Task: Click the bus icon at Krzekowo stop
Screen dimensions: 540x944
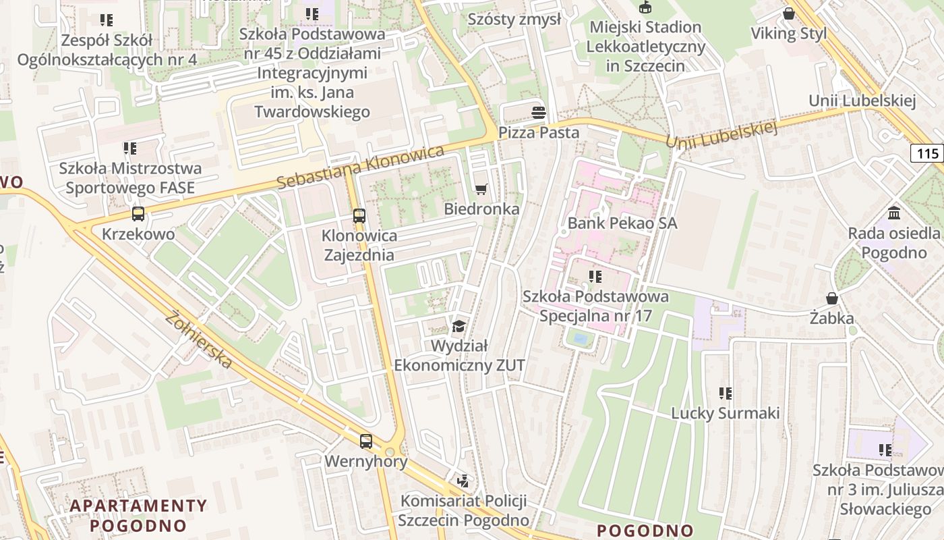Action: pos(138,214)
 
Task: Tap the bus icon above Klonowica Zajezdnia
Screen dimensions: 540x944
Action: pos(359,216)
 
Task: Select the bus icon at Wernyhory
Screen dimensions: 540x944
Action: pos(365,441)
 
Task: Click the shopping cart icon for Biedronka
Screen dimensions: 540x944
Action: pos(481,189)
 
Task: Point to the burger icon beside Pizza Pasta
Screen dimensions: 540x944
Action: pos(538,112)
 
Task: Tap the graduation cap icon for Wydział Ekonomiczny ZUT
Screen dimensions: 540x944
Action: pos(459,327)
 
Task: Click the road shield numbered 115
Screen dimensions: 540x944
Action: pos(927,153)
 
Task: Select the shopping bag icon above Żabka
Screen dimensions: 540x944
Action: pos(832,298)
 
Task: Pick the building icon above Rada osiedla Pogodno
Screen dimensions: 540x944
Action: pos(894,213)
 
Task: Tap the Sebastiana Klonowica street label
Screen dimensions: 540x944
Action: pos(361,167)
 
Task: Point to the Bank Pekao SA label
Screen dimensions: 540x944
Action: pos(622,223)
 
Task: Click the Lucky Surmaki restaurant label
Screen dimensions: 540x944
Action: pos(725,413)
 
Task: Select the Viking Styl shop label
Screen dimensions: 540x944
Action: pos(788,34)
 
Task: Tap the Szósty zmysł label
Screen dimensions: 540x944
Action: pos(514,19)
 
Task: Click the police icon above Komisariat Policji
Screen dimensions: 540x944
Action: pos(463,481)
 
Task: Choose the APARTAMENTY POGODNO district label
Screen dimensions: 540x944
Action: pos(138,515)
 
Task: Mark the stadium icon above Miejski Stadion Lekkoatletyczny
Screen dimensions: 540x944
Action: pos(645,7)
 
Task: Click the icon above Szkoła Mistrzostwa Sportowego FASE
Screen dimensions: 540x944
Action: pos(129,148)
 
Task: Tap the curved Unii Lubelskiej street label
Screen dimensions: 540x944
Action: pos(721,136)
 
